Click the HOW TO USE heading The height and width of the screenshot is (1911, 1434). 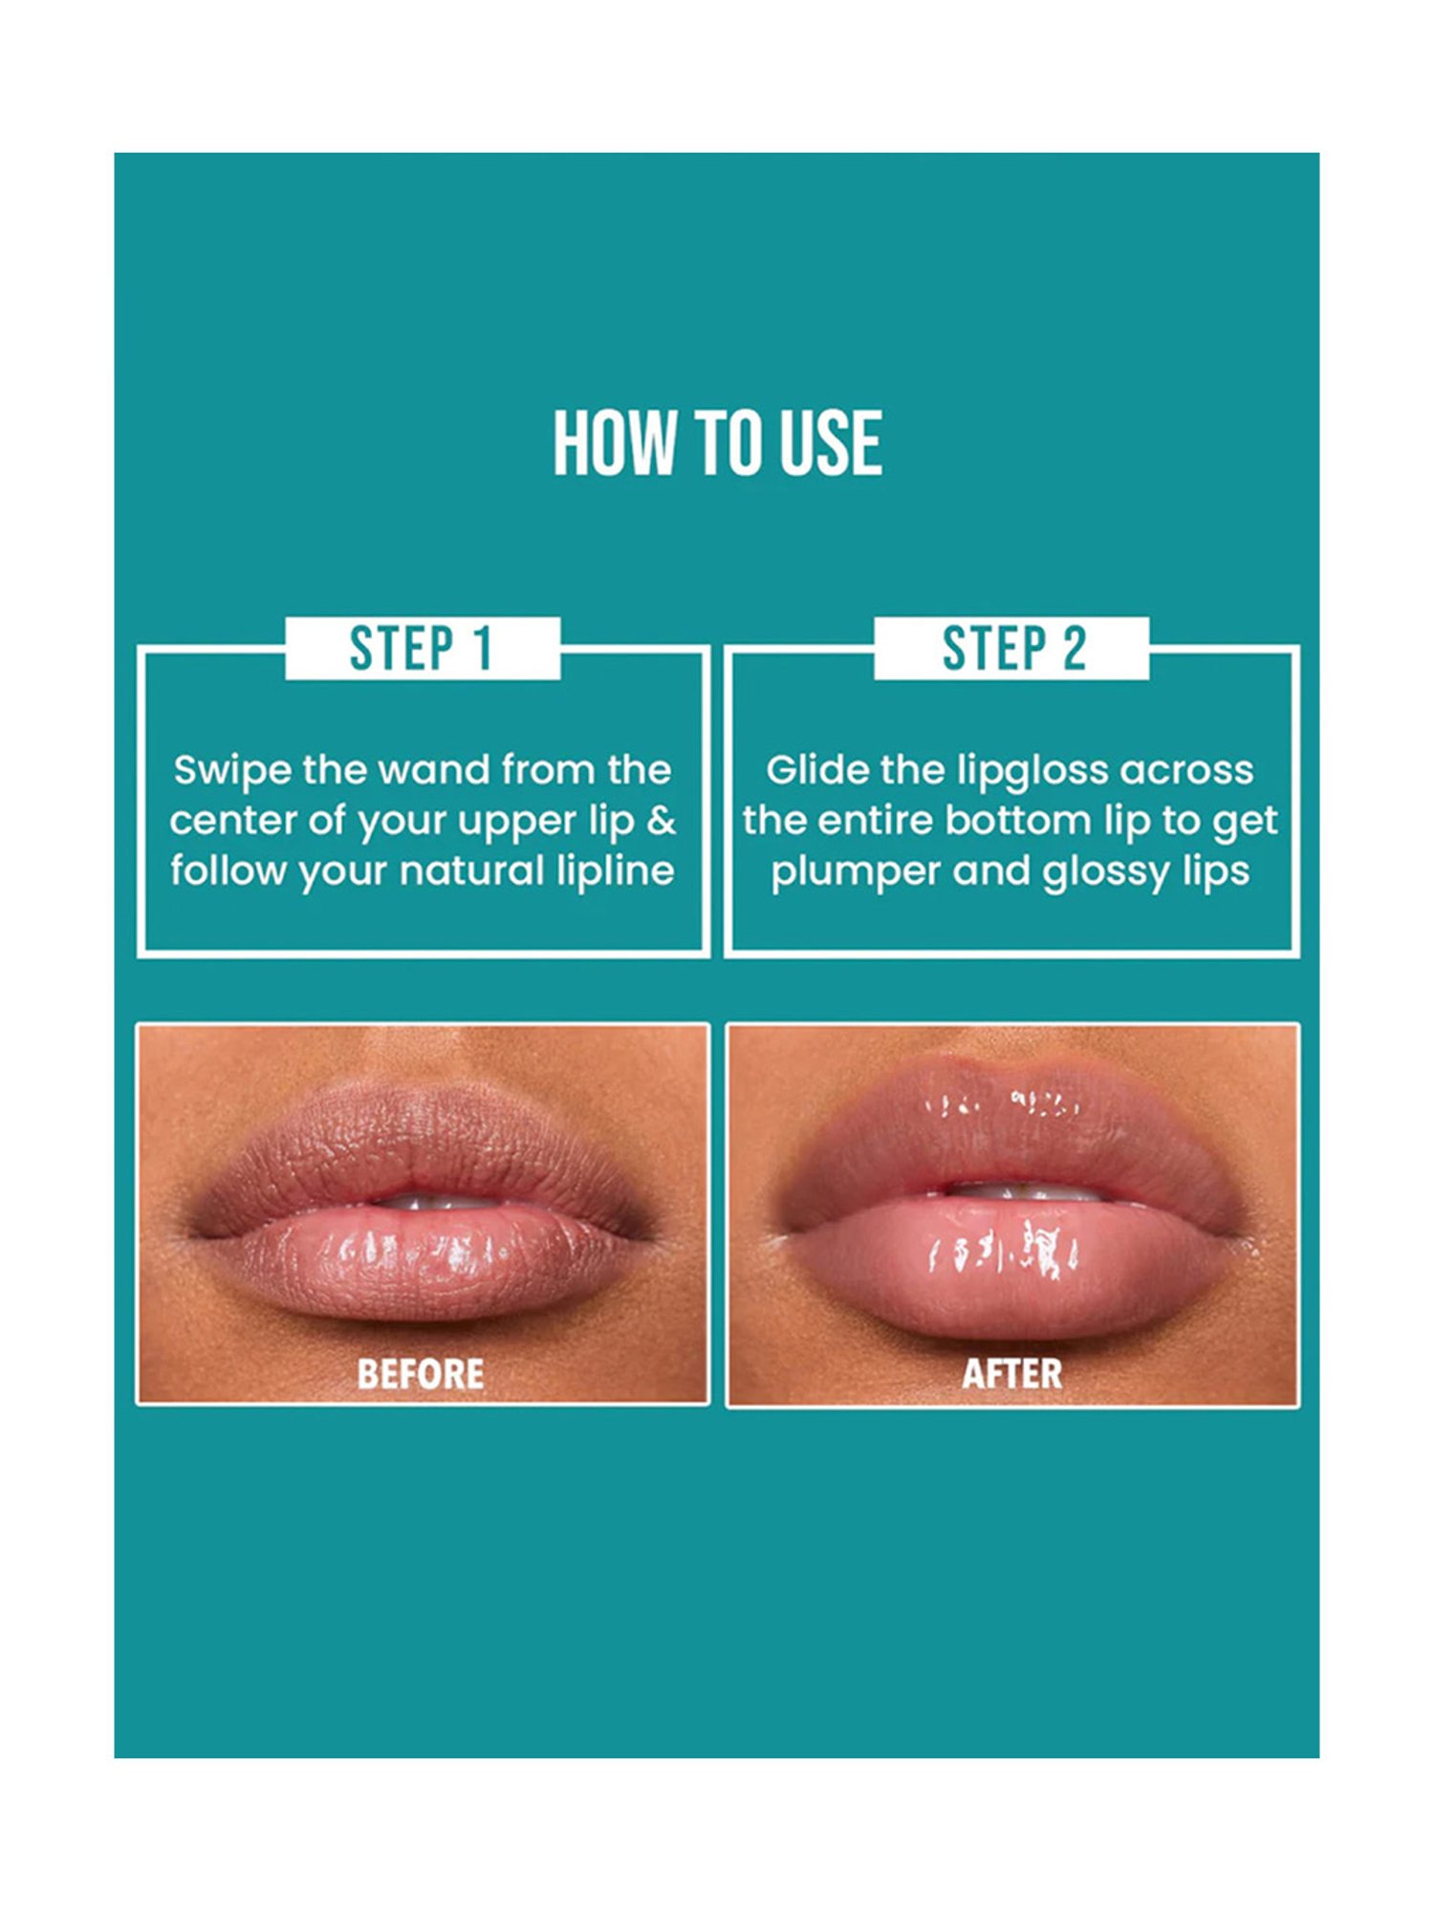[717, 443]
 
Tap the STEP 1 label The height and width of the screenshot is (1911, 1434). [422, 649]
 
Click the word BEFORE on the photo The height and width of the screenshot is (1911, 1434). [421, 1374]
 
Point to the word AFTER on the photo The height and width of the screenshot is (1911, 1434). [1012, 1374]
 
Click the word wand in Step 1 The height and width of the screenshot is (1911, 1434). [435, 770]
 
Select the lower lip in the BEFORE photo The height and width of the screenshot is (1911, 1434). [421, 1261]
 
